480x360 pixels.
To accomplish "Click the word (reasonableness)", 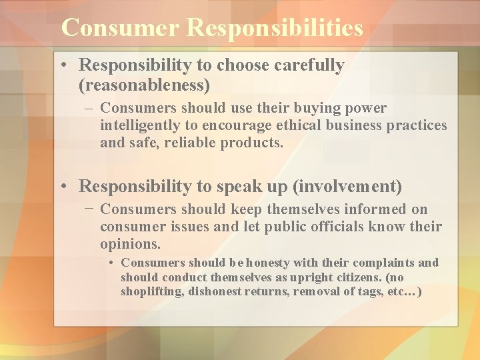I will (x=144, y=85).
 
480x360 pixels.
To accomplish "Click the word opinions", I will (x=130, y=244).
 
